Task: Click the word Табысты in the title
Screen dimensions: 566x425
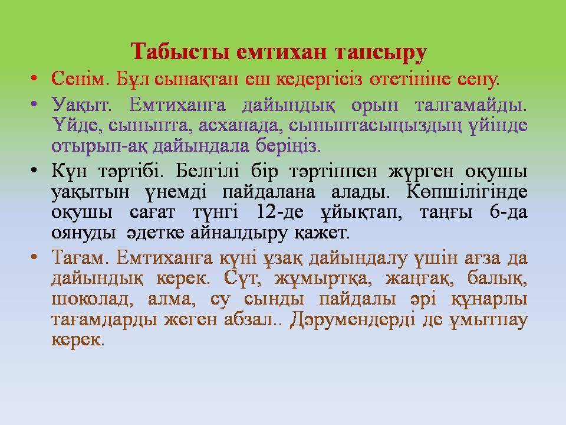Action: coord(180,52)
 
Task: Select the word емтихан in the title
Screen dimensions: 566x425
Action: coord(282,52)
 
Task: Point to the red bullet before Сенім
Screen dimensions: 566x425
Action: coord(34,78)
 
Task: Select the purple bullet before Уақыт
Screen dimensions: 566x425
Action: coord(34,105)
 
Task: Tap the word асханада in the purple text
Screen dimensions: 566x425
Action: coord(242,126)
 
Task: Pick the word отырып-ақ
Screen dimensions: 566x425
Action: coord(100,146)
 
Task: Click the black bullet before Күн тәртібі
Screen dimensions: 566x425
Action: coord(34,171)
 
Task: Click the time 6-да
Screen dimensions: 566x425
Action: coord(509,212)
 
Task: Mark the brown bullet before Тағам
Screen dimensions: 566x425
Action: coord(34,257)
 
